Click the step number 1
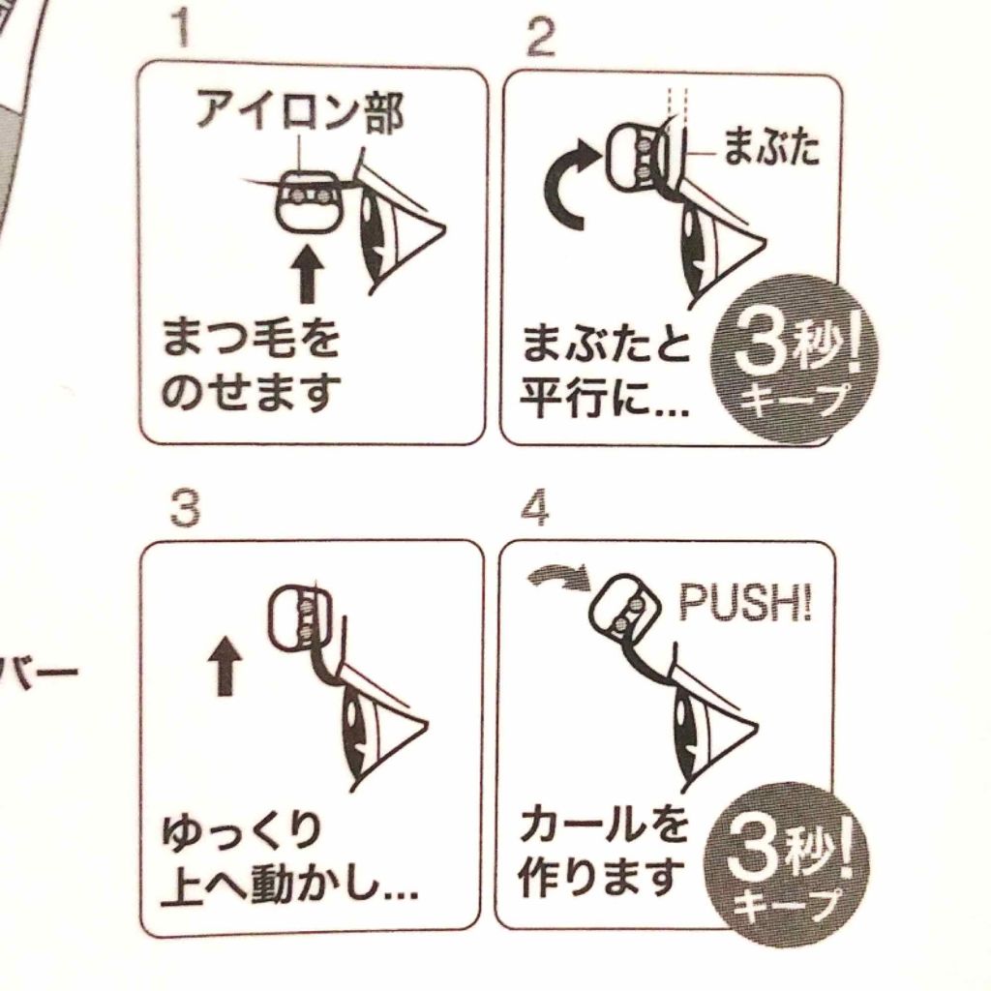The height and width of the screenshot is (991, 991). (182, 29)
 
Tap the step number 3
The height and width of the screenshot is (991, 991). (185, 509)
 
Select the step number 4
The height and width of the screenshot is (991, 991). (534, 509)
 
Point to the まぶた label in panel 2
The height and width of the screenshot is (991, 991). (770, 147)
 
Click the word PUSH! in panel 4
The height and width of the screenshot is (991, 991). (744, 602)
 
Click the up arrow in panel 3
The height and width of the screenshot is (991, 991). (225, 666)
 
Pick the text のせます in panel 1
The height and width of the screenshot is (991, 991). (251, 392)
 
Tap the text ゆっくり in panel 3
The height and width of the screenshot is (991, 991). (241, 834)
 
